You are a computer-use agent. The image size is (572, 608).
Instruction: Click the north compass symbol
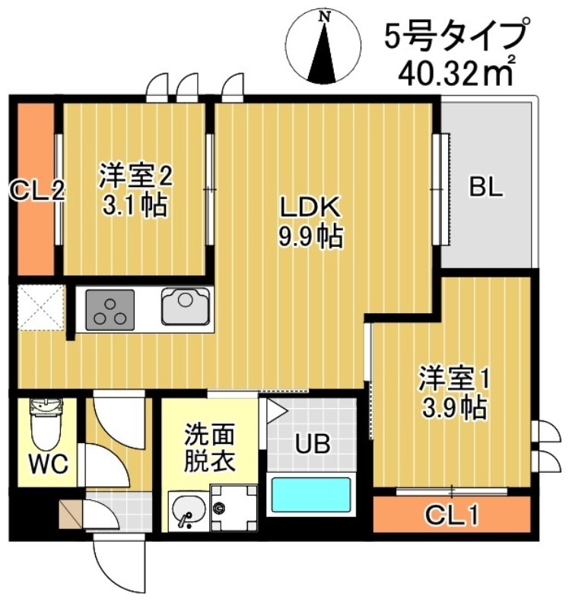(x=326, y=47)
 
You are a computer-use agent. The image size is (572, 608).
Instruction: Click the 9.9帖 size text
(x=308, y=237)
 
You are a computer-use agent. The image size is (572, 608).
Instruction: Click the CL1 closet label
(x=451, y=517)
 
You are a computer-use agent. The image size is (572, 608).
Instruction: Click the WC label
(x=49, y=461)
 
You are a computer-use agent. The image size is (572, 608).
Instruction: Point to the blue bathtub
(x=312, y=494)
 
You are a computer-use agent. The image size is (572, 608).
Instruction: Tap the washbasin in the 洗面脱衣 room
(x=186, y=509)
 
